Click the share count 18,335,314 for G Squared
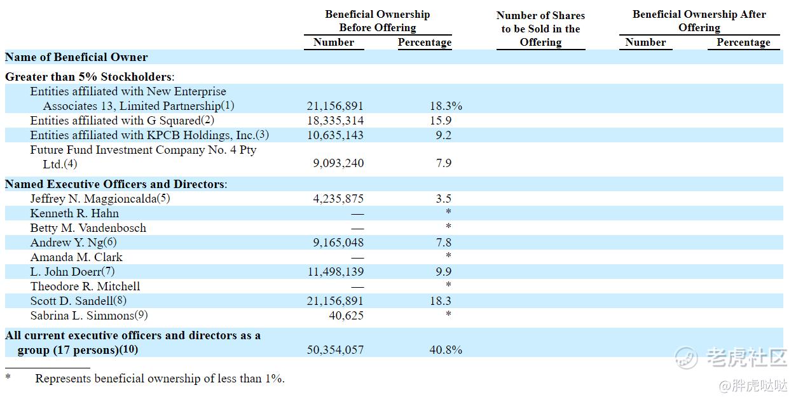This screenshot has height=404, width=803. coord(335,121)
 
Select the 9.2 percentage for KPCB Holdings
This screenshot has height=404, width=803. coord(443,135)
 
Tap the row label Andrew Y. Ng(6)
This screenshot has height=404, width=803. coord(74,243)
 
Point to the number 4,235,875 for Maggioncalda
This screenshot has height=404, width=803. coord(338,199)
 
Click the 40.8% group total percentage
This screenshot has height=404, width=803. coord(446,349)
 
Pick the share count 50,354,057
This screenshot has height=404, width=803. coord(335,349)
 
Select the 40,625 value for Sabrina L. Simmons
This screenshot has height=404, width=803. coord(346,316)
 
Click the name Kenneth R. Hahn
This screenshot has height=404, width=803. coord(74,213)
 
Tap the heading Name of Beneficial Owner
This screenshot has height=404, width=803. coord(76,57)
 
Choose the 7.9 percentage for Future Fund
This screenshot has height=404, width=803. coord(443,163)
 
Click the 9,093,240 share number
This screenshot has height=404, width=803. coord(338,163)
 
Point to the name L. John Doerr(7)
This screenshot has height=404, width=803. coord(72,272)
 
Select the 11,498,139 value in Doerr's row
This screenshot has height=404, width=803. coord(336,272)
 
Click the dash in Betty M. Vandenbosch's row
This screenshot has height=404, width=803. coord(357,229)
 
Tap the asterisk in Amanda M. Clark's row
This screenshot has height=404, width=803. coord(448,255)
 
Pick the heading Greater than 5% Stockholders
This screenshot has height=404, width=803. coord(90,77)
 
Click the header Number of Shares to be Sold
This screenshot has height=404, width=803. coord(540,29)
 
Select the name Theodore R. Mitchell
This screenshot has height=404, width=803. coord(85,286)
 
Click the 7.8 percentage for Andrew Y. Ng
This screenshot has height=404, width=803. coord(443,243)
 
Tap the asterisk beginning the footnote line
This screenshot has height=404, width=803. coord(8,377)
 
